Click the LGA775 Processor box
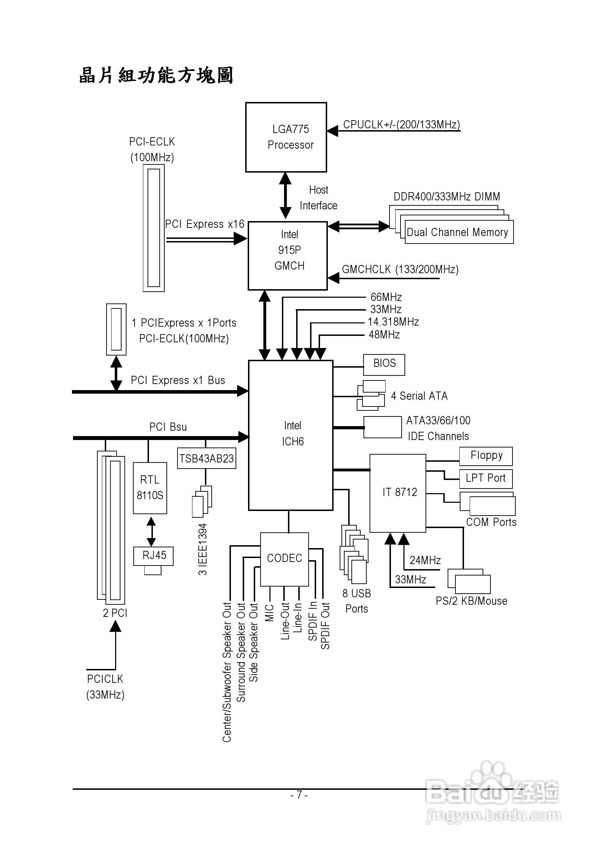pyautogui.click(x=286, y=137)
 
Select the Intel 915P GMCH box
pyautogui.click(x=288, y=256)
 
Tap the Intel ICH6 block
pyautogui.click(x=290, y=435)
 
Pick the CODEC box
pyautogui.click(x=284, y=559)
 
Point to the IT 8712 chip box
pyautogui.click(x=398, y=493)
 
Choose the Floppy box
pyautogui.click(x=486, y=456)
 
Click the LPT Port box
pyautogui.click(x=486, y=479)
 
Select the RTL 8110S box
pyautogui.click(x=150, y=488)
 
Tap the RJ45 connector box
pyautogui.click(x=153, y=556)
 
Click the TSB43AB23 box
pyautogui.click(x=206, y=459)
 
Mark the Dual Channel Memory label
pyautogui.click(x=458, y=232)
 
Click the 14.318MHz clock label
pyautogui.click(x=393, y=322)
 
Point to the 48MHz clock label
pyautogui.click(x=385, y=335)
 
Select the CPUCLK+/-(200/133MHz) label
pyautogui.click(x=401, y=124)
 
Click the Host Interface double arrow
pyautogui.click(x=285, y=196)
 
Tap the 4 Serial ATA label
pyautogui.click(x=419, y=396)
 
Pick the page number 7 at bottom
pyautogui.click(x=299, y=795)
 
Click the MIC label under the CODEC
pyautogui.click(x=269, y=613)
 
